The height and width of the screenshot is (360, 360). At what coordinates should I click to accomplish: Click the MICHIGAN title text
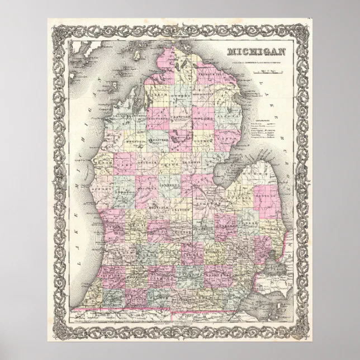click(256, 52)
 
